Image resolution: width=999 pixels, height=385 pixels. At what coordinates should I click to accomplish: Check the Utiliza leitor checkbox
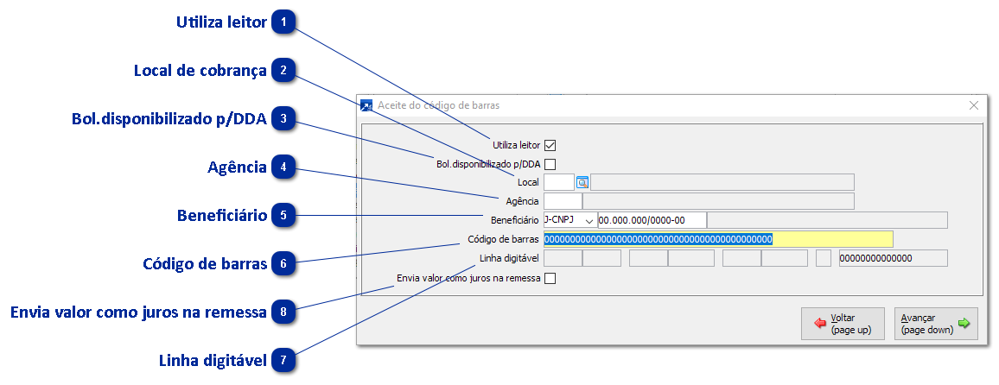coord(550,145)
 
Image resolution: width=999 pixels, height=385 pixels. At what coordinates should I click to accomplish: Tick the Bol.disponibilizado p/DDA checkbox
coord(550,164)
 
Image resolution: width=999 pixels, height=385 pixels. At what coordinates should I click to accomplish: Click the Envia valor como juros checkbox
coord(550,278)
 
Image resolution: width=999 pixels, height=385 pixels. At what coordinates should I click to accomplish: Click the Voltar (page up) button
coord(843,324)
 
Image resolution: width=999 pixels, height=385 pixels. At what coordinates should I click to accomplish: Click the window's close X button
coord(974,105)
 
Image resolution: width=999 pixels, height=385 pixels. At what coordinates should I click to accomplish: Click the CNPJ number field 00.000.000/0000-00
coord(652,220)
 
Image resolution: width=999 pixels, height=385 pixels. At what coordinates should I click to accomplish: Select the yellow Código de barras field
coord(717,239)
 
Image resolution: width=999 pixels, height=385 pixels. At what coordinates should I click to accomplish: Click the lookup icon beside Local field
coord(582,182)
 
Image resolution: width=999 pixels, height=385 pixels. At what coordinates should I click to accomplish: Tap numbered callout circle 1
coord(283,22)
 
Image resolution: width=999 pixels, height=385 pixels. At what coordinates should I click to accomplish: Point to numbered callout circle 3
coord(283,119)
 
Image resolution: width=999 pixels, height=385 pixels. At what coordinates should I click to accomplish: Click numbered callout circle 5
coord(283,215)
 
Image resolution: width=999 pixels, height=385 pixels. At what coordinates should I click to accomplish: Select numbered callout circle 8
coord(283,312)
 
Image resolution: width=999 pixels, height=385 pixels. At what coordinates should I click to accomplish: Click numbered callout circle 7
coord(283,360)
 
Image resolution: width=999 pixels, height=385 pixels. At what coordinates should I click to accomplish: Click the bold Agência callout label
coord(237,167)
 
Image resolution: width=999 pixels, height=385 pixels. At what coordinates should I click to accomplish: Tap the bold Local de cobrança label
coord(200,71)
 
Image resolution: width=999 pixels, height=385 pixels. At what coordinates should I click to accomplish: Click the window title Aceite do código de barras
coord(438,105)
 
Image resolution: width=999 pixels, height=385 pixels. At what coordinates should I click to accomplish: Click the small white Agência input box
coord(563,201)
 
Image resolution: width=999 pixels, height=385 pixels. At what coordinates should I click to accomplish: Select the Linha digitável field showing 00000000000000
coord(893,258)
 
